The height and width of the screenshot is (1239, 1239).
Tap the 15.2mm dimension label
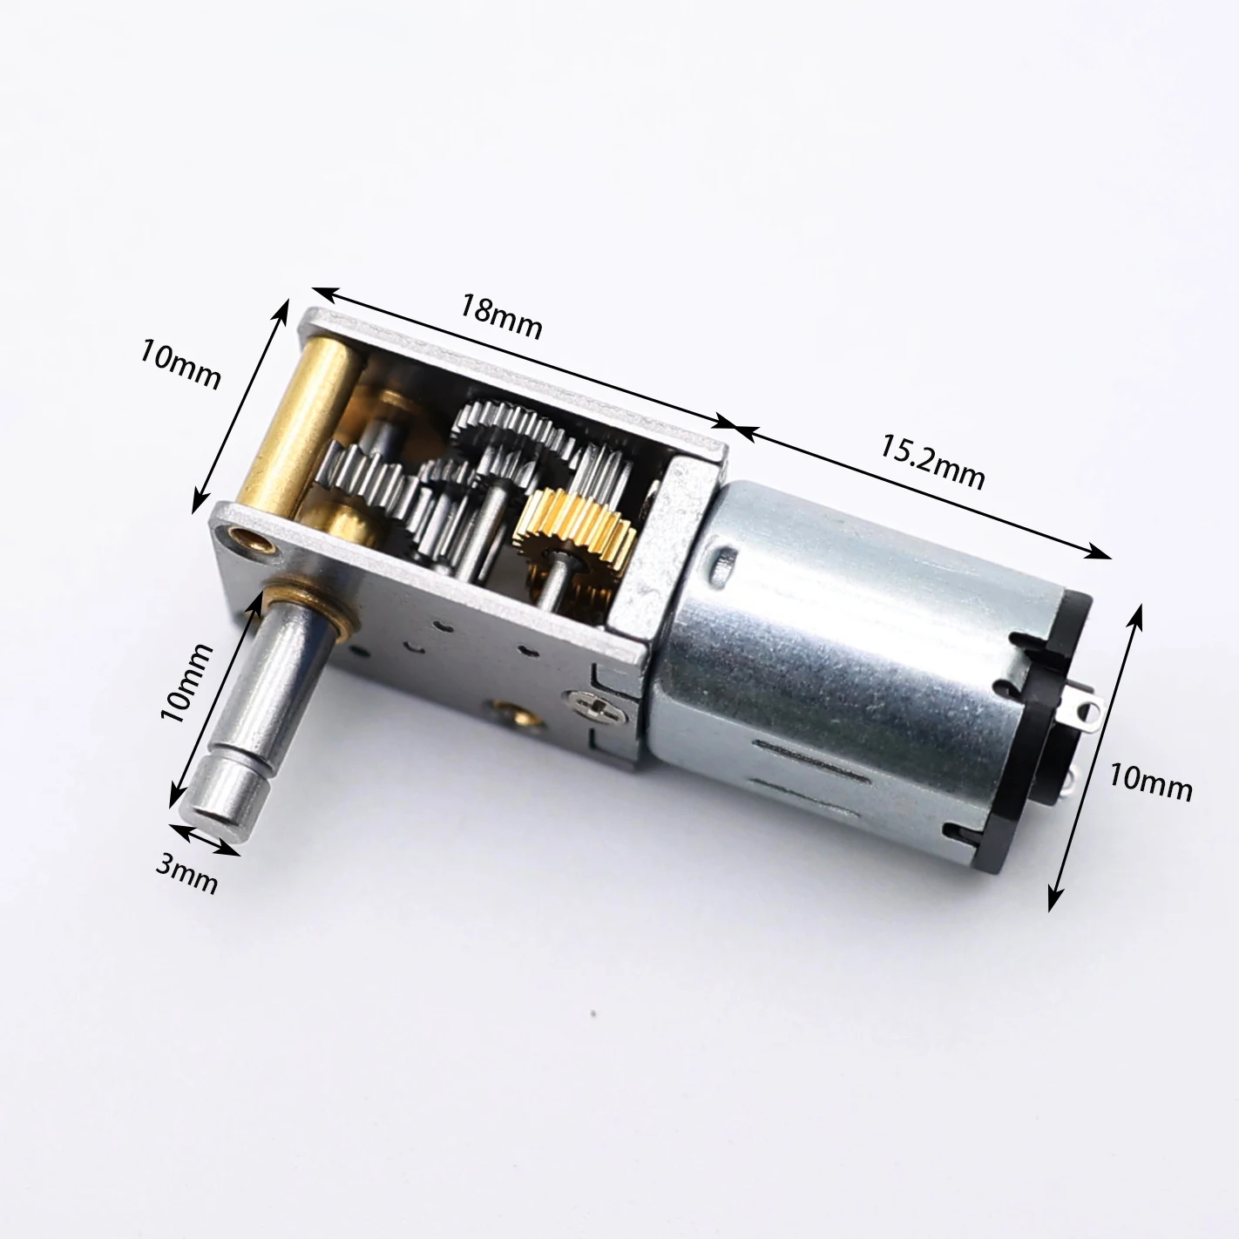tap(931, 462)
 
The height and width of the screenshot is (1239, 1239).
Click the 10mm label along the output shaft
tap(186, 683)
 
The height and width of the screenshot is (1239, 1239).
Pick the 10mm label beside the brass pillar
tap(180, 364)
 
